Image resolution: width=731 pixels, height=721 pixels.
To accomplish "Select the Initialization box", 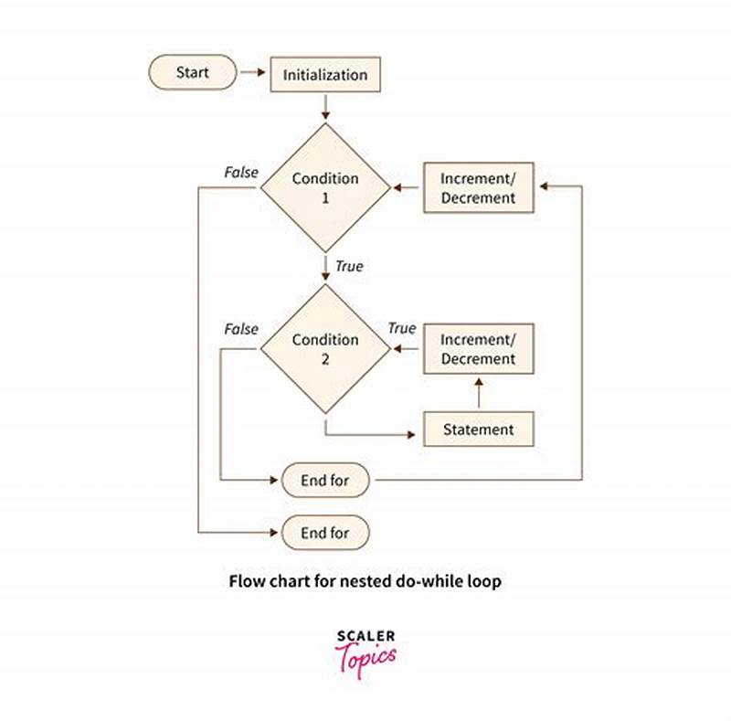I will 324,74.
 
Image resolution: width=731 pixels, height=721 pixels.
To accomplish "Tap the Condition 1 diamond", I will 325,187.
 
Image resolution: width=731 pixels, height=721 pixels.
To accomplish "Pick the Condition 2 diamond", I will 325,348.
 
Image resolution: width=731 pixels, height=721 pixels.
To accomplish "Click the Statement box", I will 478,429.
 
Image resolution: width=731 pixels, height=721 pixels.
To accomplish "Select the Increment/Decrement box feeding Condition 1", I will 478,187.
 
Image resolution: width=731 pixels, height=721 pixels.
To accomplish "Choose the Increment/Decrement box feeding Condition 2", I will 478,348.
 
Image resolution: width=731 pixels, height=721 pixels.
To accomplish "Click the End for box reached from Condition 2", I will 325,479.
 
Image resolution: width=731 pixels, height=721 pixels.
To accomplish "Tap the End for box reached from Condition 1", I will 325,532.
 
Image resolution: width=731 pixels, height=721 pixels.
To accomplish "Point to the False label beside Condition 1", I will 241,172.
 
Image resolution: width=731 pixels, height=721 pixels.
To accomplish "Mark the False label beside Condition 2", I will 241,329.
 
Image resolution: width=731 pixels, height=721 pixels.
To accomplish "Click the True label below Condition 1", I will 348,267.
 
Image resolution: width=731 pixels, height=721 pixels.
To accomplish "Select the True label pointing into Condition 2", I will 402,328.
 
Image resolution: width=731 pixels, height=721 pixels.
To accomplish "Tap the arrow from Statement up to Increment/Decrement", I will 478,393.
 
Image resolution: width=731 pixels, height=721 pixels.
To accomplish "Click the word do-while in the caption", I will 433,581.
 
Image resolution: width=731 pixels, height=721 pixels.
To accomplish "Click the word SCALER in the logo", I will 365,636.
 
